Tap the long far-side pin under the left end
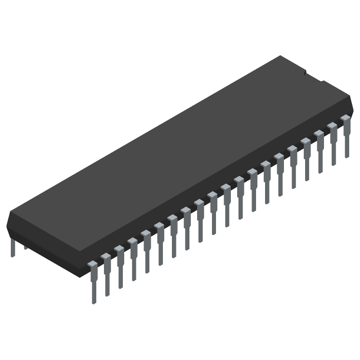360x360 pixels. (x=13, y=247)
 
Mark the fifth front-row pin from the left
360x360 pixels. (x=146, y=252)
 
